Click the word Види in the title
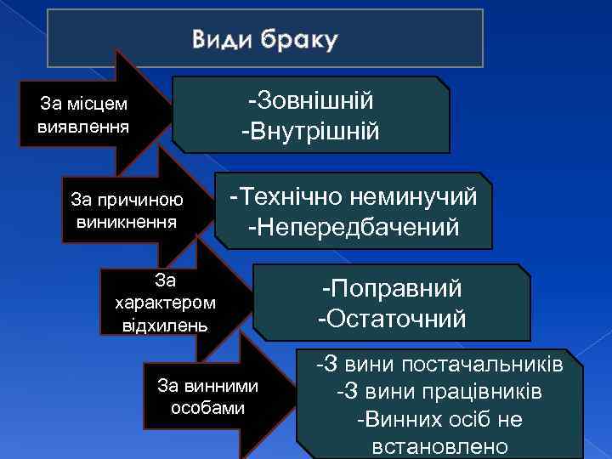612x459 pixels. click(x=221, y=40)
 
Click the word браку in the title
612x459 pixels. click(x=297, y=40)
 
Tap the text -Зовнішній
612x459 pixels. click(x=311, y=101)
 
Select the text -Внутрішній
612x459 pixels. click(x=311, y=132)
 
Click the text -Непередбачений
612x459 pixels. click(x=354, y=228)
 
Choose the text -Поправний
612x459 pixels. click(x=391, y=289)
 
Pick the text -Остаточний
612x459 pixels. click(x=391, y=320)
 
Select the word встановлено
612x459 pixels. click(x=439, y=447)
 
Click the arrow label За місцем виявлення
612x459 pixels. click(x=83, y=116)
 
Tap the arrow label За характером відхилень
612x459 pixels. click(x=164, y=302)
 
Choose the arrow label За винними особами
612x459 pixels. click(x=207, y=396)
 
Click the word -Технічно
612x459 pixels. click(x=274, y=197)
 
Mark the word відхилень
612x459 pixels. click(x=164, y=326)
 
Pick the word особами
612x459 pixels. click(x=207, y=407)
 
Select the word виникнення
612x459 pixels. click(x=127, y=223)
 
